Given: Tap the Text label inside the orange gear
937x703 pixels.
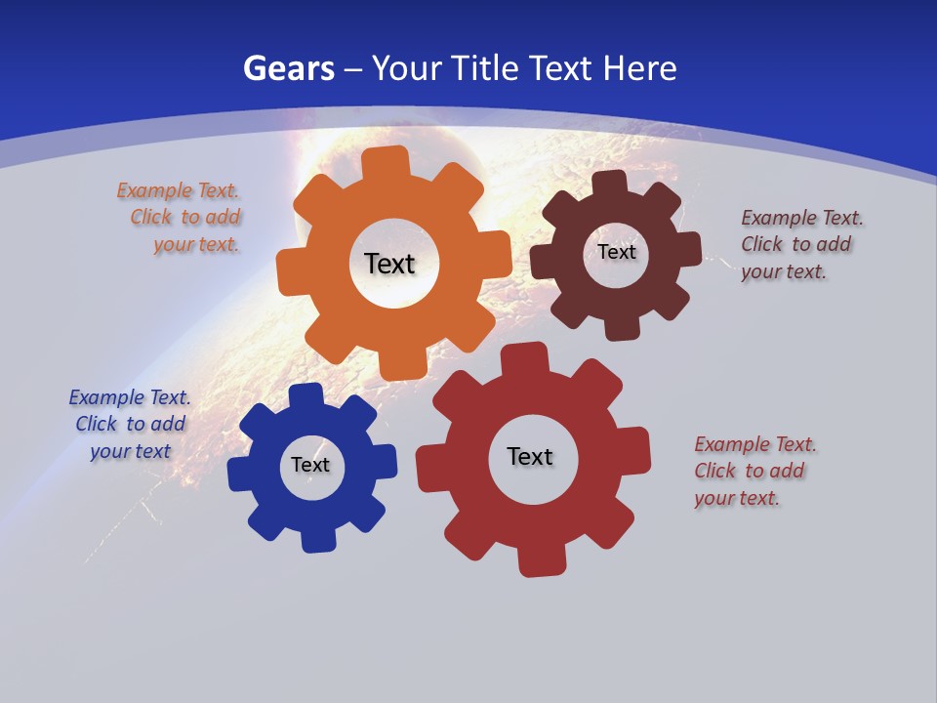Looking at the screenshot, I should [389, 264].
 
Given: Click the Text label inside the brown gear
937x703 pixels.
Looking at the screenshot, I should [617, 252].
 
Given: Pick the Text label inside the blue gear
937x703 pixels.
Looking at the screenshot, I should [310, 466].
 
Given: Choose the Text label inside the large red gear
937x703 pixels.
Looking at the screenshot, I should [530, 457].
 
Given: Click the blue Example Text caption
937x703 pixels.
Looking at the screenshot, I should [130, 424].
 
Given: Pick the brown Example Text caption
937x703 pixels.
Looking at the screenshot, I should [801, 244].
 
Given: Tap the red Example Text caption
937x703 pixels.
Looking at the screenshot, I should [754, 471].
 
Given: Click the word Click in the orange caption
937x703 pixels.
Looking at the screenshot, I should [151, 217].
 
